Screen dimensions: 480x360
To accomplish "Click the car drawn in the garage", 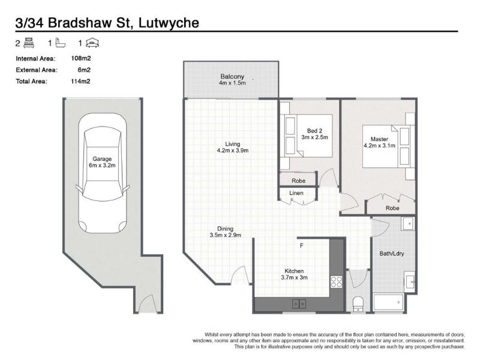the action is coord(102,173).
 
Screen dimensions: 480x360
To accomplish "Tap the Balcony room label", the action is coord(232,77).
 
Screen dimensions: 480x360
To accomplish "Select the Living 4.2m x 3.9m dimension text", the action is coord(233,147).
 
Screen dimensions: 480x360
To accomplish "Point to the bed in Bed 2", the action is coord(309,136).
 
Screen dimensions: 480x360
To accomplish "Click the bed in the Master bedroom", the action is coord(386,146).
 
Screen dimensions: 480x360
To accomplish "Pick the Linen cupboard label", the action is coord(296,193).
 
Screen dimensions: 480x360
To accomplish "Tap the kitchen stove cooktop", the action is coord(336,281).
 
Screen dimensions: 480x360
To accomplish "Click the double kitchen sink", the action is coord(299,304).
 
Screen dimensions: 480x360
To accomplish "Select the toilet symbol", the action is coord(358,304).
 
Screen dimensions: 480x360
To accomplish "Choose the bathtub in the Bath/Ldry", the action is coord(388,302).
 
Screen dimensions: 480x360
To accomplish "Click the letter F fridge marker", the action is coord(302,245).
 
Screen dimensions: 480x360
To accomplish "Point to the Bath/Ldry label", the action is coord(392,253).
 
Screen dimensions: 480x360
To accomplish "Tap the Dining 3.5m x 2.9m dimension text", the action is coord(226,232).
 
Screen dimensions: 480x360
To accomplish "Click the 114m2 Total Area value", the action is coord(80,81).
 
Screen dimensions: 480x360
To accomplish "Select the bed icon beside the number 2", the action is coord(29,43).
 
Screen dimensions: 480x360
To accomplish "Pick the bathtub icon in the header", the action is coord(61,43).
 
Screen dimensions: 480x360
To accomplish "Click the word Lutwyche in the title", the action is coord(169,23).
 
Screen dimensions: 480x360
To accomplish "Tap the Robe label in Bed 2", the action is coord(298,181).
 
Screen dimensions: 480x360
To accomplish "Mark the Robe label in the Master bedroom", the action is coord(392,208).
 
